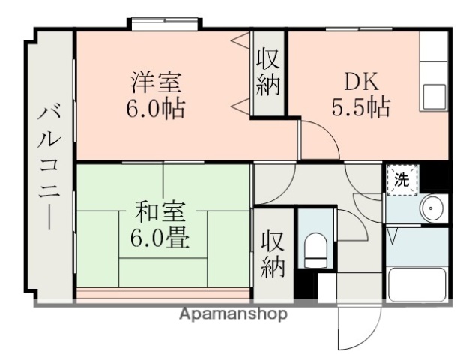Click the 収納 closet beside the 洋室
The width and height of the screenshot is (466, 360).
[x=267, y=72]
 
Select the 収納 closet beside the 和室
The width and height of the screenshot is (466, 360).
[x=273, y=254]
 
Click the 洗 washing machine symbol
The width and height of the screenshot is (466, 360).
[x=402, y=180]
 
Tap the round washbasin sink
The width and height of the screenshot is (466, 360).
[x=432, y=209]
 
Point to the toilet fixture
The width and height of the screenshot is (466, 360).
[x=315, y=248]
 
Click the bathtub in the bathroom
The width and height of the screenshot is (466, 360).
[x=417, y=286]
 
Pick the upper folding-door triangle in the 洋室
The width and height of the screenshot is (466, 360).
[x=240, y=43]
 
